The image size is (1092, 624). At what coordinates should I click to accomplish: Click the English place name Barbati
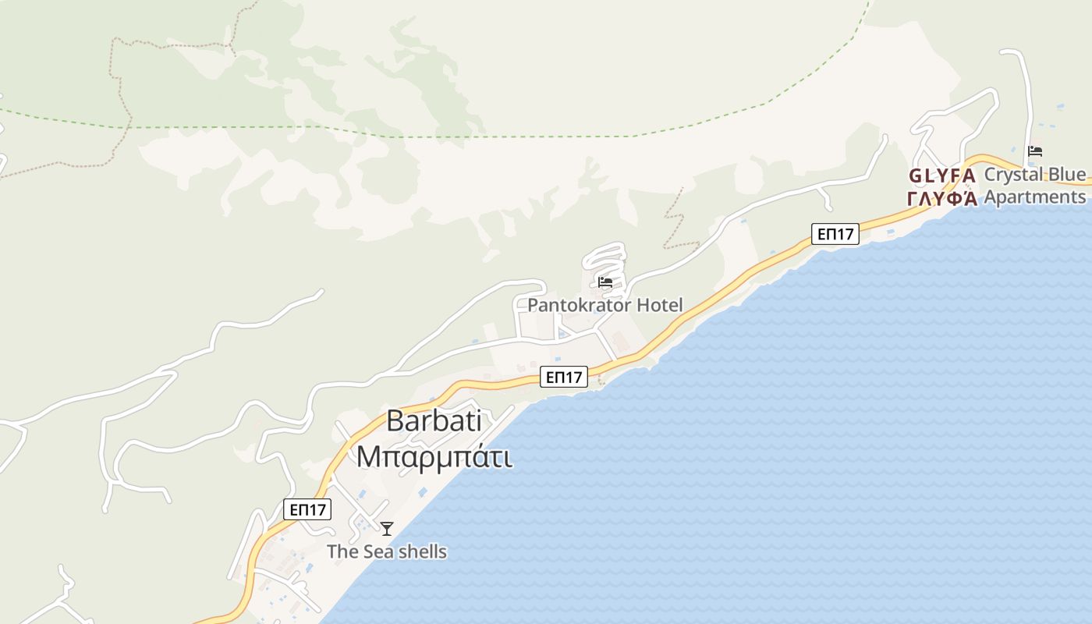coord(434,421)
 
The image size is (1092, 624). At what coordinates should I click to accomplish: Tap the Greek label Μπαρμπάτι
coord(434,457)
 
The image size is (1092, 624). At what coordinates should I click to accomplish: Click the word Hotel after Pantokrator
coord(660,305)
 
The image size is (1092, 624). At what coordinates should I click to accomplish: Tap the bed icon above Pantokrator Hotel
coord(605,282)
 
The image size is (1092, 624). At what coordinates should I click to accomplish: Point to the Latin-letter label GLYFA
coord(941,175)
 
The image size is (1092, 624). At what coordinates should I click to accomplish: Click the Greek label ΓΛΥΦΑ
coord(942,198)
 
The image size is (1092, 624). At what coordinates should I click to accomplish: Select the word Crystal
coord(1013,175)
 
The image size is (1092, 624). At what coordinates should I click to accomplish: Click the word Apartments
coord(1035,197)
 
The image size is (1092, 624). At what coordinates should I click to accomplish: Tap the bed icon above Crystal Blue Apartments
coord(1035,151)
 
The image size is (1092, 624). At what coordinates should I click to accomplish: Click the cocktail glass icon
coord(387,529)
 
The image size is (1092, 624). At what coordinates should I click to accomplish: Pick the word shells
coord(422,552)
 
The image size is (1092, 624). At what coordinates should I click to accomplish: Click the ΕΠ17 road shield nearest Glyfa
coord(835,234)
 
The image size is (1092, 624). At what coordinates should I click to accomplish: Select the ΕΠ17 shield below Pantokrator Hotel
coord(564,378)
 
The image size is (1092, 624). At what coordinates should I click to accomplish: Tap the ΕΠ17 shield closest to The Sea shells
coord(307,510)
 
